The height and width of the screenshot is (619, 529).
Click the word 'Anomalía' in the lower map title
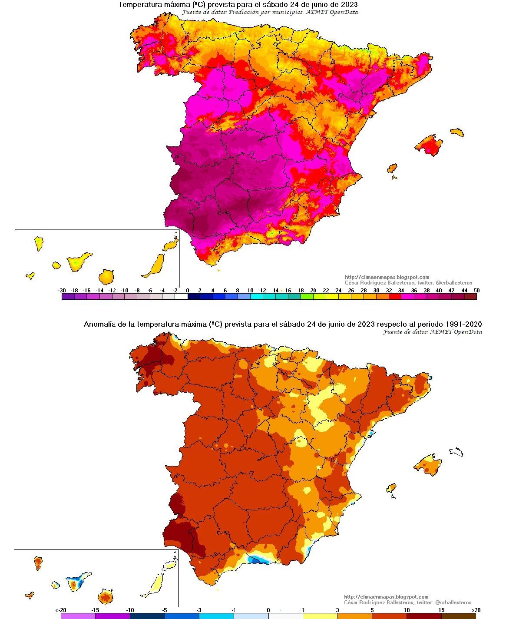[99, 324]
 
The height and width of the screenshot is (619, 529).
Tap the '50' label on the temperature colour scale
[476, 291]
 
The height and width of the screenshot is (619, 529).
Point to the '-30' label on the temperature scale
[62, 291]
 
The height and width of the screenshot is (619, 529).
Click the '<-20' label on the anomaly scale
[61, 610]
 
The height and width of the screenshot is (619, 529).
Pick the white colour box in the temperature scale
[181, 297]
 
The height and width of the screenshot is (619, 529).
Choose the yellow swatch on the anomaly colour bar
[320, 616]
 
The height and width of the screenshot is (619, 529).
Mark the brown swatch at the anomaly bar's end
[458, 616]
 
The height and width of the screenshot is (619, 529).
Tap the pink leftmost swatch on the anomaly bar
[78, 616]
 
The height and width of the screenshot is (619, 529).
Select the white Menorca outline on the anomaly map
[456, 452]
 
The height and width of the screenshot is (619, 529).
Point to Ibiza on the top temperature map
[392, 169]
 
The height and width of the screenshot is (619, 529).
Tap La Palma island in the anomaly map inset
[38, 563]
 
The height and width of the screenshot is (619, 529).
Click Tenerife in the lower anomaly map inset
[78, 581]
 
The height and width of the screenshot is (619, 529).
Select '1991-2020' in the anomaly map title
[464, 324]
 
